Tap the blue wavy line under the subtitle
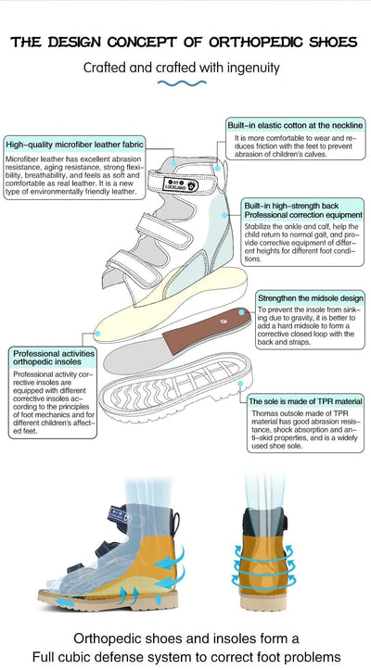185,83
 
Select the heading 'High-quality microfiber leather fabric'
74,144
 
